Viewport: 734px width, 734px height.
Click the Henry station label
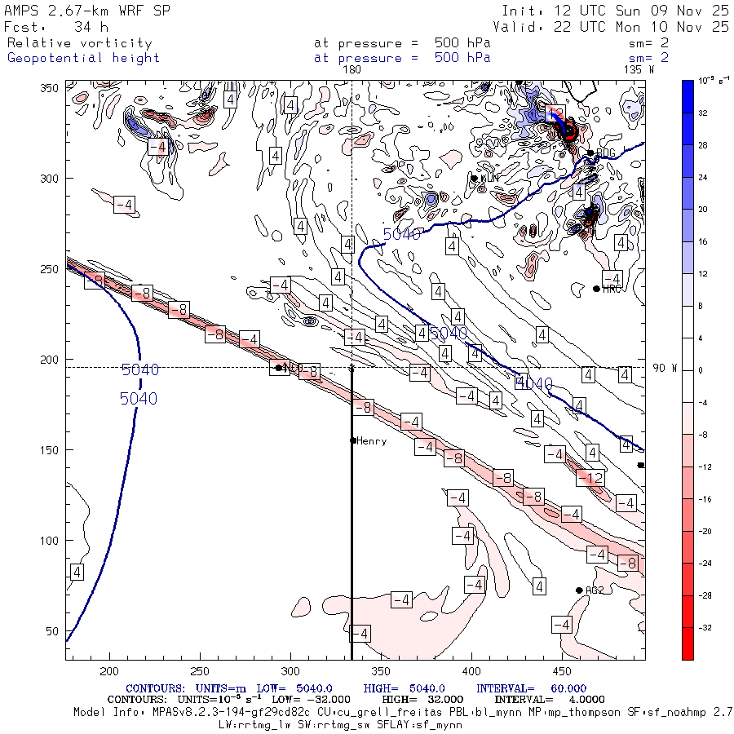(371, 441)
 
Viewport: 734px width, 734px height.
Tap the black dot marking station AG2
(579, 590)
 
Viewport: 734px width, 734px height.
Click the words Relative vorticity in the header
(79, 43)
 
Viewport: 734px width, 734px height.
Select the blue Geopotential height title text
(83, 58)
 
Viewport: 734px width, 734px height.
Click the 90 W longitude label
(665, 368)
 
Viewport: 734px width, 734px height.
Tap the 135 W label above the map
(639, 70)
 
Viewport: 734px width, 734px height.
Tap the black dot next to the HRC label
(596, 289)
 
